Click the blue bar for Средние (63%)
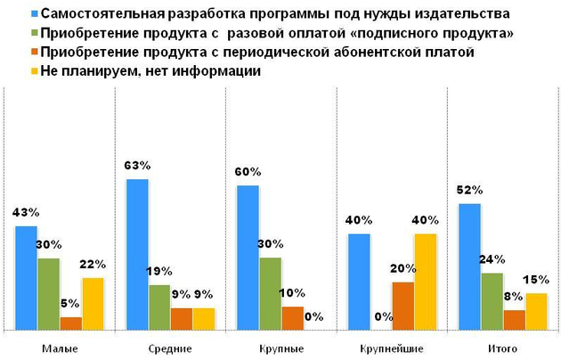click(x=137, y=255)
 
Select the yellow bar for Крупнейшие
click(x=425, y=282)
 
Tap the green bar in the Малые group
click(x=48, y=294)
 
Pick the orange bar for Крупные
click(x=292, y=318)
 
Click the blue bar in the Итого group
click(x=468, y=266)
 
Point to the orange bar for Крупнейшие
click(x=402, y=306)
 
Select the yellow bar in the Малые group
click(x=93, y=304)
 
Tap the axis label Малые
click(x=59, y=347)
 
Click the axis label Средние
click(x=170, y=347)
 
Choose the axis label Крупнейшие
click(x=392, y=347)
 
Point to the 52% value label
click(x=469, y=190)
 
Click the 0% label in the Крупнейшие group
click(x=382, y=316)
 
